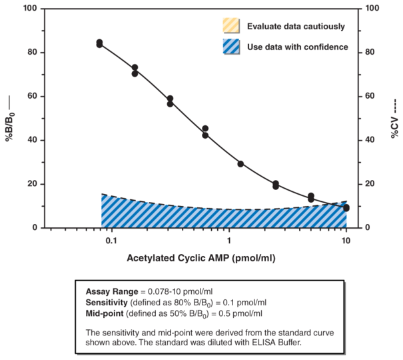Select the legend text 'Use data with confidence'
(297, 47)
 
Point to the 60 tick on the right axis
(372, 97)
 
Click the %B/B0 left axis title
(11, 119)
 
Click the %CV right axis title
(393, 119)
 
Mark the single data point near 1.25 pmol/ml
(240, 164)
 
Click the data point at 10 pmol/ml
(346, 208)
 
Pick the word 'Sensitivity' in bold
(106, 302)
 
